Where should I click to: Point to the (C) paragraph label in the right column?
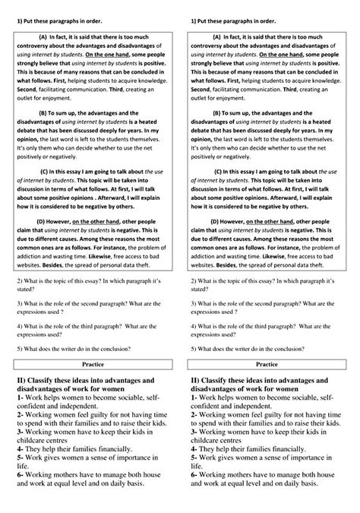pos(219,172)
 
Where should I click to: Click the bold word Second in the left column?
pos(24,87)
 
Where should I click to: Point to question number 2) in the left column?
pos(18,281)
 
